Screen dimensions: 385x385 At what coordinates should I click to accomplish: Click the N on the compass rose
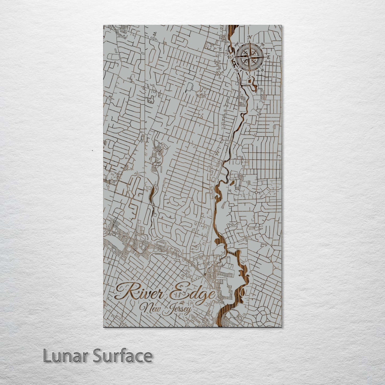[x=250, y=37]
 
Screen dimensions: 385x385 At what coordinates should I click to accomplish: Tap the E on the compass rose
[x=269, y=57]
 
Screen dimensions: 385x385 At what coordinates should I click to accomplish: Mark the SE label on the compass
[x=262, y=70]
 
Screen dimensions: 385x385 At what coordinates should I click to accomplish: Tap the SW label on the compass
[x=236, y=70]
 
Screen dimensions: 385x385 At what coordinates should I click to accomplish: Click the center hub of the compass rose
[x=250, y=57]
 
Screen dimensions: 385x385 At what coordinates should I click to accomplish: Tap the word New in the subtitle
[x=151, y=309]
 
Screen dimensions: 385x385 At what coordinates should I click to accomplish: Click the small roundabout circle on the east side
[x=256, y=192]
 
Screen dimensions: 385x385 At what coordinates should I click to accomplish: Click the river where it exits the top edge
[x=233, y=27]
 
